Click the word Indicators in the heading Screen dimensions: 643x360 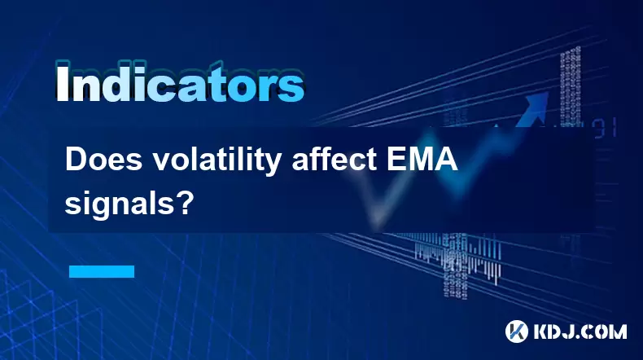coord(180,82)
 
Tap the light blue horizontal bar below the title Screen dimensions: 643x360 coord(102,271)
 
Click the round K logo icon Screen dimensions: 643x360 coord(517,331)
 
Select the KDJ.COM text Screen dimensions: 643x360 coord(580,331)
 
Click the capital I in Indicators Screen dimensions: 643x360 coord(62,82)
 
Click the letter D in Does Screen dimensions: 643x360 coord(75,160)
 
